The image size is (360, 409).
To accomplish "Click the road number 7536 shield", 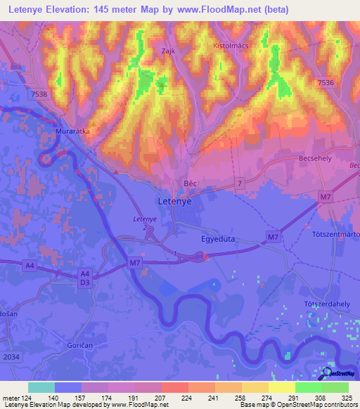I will pos(326,83).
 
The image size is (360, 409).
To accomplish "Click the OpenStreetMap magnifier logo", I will pos(326,373).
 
